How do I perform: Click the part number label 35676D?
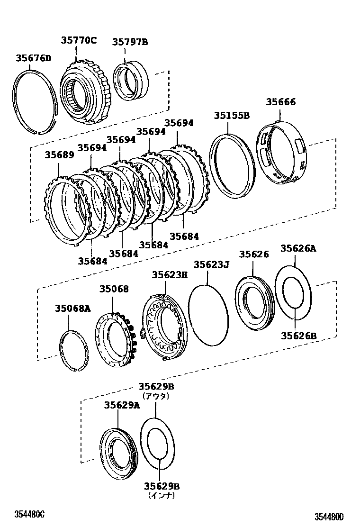tap(33, 58)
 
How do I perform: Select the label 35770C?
tap(78, 40)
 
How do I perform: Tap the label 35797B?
tap(130, 42)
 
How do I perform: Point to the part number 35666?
tap(280, 102)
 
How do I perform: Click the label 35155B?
tap(231, 115)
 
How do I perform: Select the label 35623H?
tap(170, 275)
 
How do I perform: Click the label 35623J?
tap(211, 264)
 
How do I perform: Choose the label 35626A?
tap(298, 248)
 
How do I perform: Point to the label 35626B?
tap(298, 336)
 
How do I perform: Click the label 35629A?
tap(122, 405)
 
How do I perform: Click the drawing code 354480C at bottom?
tap(29, 514)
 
